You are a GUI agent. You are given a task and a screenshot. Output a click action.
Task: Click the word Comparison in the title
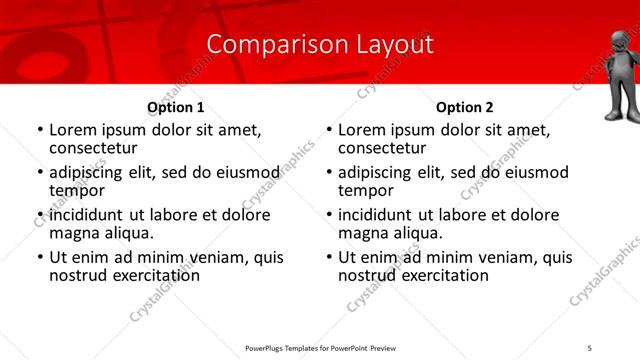(266, 45)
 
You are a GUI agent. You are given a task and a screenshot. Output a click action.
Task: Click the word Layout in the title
(394, 45)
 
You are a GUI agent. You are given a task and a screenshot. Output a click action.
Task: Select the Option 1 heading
(176, 107)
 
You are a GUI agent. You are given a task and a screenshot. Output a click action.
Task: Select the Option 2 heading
(465, 107)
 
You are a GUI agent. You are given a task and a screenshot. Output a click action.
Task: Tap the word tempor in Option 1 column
(77, 190)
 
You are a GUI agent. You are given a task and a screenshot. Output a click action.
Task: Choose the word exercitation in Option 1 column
(147, 275)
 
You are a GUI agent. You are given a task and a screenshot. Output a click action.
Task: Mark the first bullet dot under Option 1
(40, 131)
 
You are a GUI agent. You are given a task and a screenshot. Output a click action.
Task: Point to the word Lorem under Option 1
(72, 130)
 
